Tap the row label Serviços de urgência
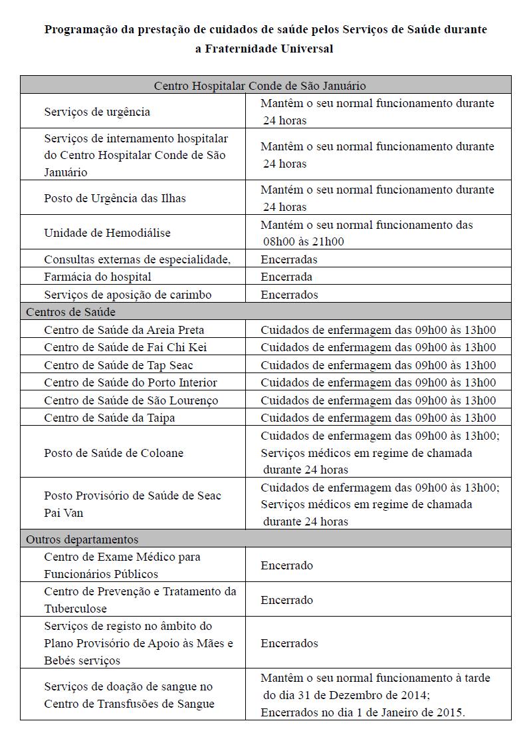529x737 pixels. point(97,112)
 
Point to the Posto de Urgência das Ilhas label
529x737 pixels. point(115,198)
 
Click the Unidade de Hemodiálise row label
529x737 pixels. point(107,233)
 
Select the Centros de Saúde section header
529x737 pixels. point(71,312)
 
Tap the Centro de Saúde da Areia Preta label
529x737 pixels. point(124,330)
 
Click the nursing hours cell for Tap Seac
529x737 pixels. point(378,365)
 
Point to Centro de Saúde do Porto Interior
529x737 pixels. point(131,382)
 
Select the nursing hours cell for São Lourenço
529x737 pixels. point(378,400)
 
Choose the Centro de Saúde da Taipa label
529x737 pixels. point(110,418)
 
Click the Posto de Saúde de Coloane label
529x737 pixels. point(114,453)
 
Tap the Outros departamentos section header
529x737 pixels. point(82,539)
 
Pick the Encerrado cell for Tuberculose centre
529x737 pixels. point(286,600)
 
